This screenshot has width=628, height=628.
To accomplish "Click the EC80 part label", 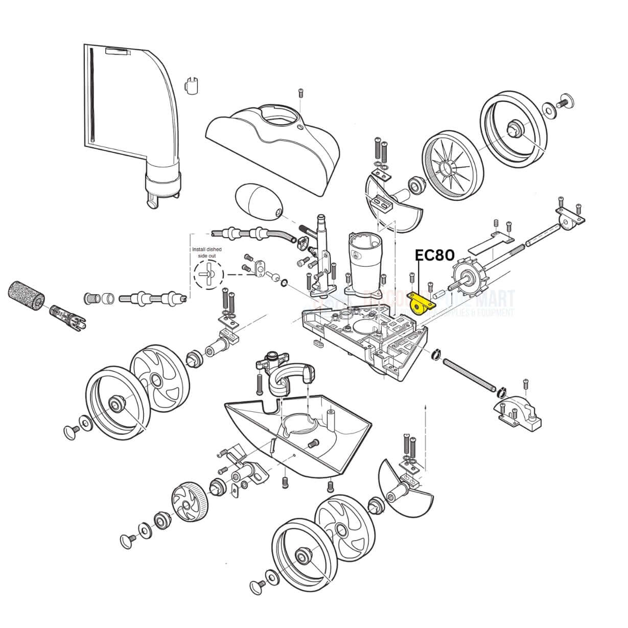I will pos(434,255).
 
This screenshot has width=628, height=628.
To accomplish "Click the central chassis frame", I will pos(365,337).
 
